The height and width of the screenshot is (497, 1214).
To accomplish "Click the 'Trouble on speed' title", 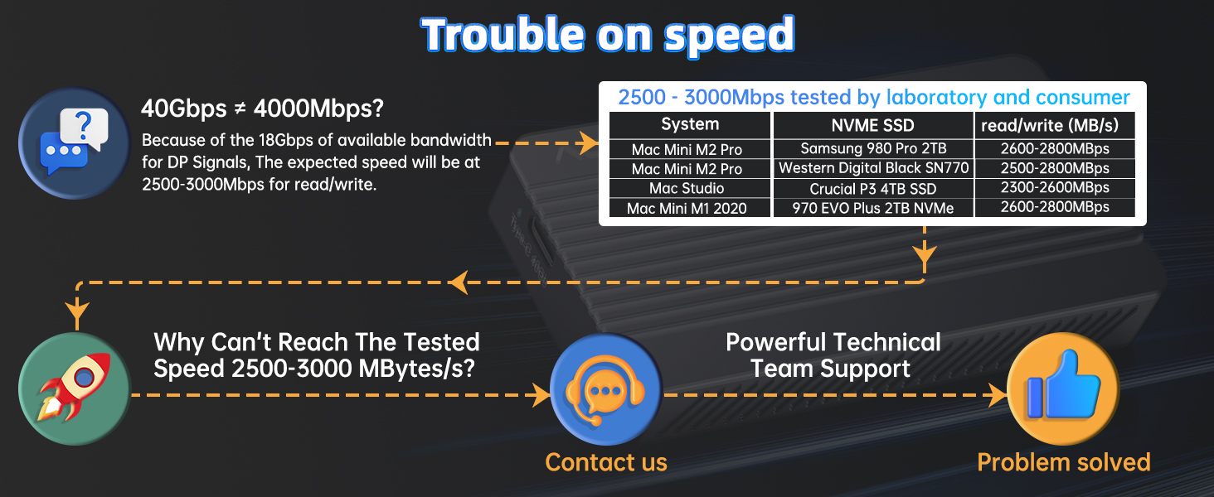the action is point(608,36).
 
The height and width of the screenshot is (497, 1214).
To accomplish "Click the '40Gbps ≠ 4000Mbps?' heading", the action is point(262,109).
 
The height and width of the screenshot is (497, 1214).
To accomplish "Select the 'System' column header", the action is point(690,124).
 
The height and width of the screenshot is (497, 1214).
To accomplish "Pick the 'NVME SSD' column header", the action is point(872,126).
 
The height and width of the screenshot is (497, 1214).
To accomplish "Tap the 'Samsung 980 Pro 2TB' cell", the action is point(873,148).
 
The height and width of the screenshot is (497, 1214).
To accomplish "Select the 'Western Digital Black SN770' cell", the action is point(873,168).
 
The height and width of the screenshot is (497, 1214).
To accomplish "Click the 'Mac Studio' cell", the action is point(687,188).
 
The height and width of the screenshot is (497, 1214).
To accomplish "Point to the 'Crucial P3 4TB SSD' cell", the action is point(873,189).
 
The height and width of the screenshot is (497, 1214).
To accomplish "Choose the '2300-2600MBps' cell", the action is point(1055,188).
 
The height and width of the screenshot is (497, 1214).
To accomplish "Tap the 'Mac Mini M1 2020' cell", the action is point(687,209).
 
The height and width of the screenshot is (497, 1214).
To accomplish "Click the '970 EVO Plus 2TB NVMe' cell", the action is point(873,209).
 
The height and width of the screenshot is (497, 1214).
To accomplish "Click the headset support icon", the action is point(606,388).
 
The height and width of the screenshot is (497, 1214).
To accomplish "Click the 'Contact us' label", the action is point(606,462).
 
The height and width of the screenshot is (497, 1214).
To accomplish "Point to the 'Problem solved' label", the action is point(1063,462).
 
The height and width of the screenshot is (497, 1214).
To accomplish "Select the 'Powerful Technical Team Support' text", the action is point(833,355).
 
